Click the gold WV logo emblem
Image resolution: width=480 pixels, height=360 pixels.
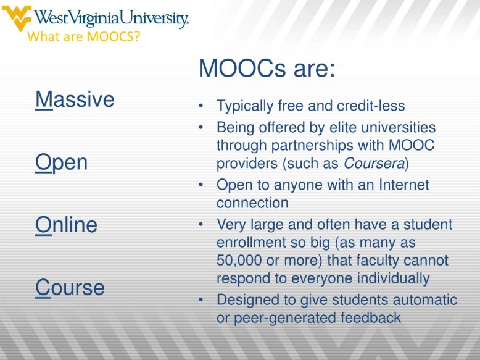click(x=15, y=18)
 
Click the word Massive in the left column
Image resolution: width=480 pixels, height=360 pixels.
click(x=75, y=99)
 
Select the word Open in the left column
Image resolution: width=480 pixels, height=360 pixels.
click(x=62, y=163)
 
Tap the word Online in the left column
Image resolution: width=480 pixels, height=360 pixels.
click(x=67, y=225)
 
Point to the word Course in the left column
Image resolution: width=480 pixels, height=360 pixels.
click(x=70, y=288)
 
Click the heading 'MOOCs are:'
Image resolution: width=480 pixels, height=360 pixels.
click(x=267, y=69)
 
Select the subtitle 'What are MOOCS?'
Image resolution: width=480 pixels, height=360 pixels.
click(x=84, y=36)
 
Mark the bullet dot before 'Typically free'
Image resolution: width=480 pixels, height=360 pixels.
click(x=201, y=106)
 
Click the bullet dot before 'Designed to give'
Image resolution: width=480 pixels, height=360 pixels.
click(x=201, y=300)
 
